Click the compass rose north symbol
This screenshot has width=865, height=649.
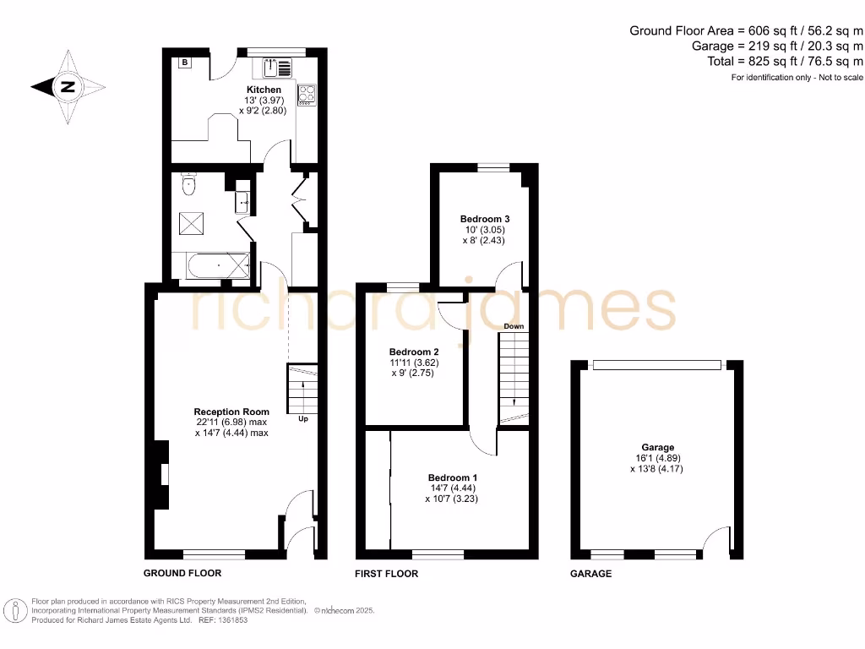coord(68,86)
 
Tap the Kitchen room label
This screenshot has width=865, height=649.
coord(264,90)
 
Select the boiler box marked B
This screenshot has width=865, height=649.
coord(185,62)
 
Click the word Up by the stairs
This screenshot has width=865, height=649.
coord(302,417)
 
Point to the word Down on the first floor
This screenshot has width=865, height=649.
coord(514,325)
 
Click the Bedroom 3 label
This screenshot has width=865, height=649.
coord(484,218)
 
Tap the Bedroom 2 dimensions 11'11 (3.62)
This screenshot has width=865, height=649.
coord(414,363)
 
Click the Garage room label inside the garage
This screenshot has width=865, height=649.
coord(657,448)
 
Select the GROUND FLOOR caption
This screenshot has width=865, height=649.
coord(182,573)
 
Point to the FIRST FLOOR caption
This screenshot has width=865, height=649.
coord(386,574)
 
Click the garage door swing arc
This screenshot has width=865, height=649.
coord(715,537)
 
